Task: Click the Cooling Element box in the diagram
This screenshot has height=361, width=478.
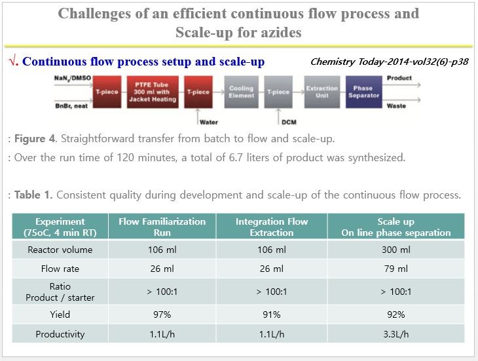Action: tap(242, 92)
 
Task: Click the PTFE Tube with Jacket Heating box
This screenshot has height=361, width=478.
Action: tap(152, 92)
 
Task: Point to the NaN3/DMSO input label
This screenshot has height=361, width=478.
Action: tap(73, 78)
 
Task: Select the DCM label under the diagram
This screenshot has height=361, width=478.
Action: tap(289, 122)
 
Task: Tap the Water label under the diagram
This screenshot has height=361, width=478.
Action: tap(209, 122)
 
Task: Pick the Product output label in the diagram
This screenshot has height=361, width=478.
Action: tap(399, 78)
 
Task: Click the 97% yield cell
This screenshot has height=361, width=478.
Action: tap(166, 314)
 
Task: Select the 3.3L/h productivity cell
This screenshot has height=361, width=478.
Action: tap(395, 334)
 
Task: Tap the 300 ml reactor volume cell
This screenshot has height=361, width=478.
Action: tap(395, 250)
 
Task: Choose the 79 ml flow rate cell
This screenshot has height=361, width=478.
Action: tap(395, 269)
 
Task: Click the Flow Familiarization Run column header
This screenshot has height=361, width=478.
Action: tap(166, 227)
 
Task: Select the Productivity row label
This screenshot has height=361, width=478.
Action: tap(60, 334)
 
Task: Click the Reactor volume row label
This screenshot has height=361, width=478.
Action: tap(60, 250)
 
